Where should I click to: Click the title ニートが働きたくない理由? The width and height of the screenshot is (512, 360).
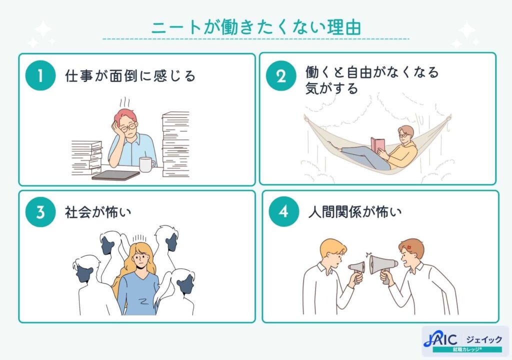[255, 28]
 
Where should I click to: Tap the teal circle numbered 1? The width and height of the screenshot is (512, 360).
[40, 76]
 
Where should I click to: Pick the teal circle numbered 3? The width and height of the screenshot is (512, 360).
[40, 212]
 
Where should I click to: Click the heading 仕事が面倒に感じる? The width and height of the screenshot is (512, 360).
[130, 76]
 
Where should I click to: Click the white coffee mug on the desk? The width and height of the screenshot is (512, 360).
[145, 164]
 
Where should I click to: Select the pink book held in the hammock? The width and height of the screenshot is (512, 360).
[378, 145]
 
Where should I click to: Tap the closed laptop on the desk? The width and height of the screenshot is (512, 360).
[115, 175]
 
